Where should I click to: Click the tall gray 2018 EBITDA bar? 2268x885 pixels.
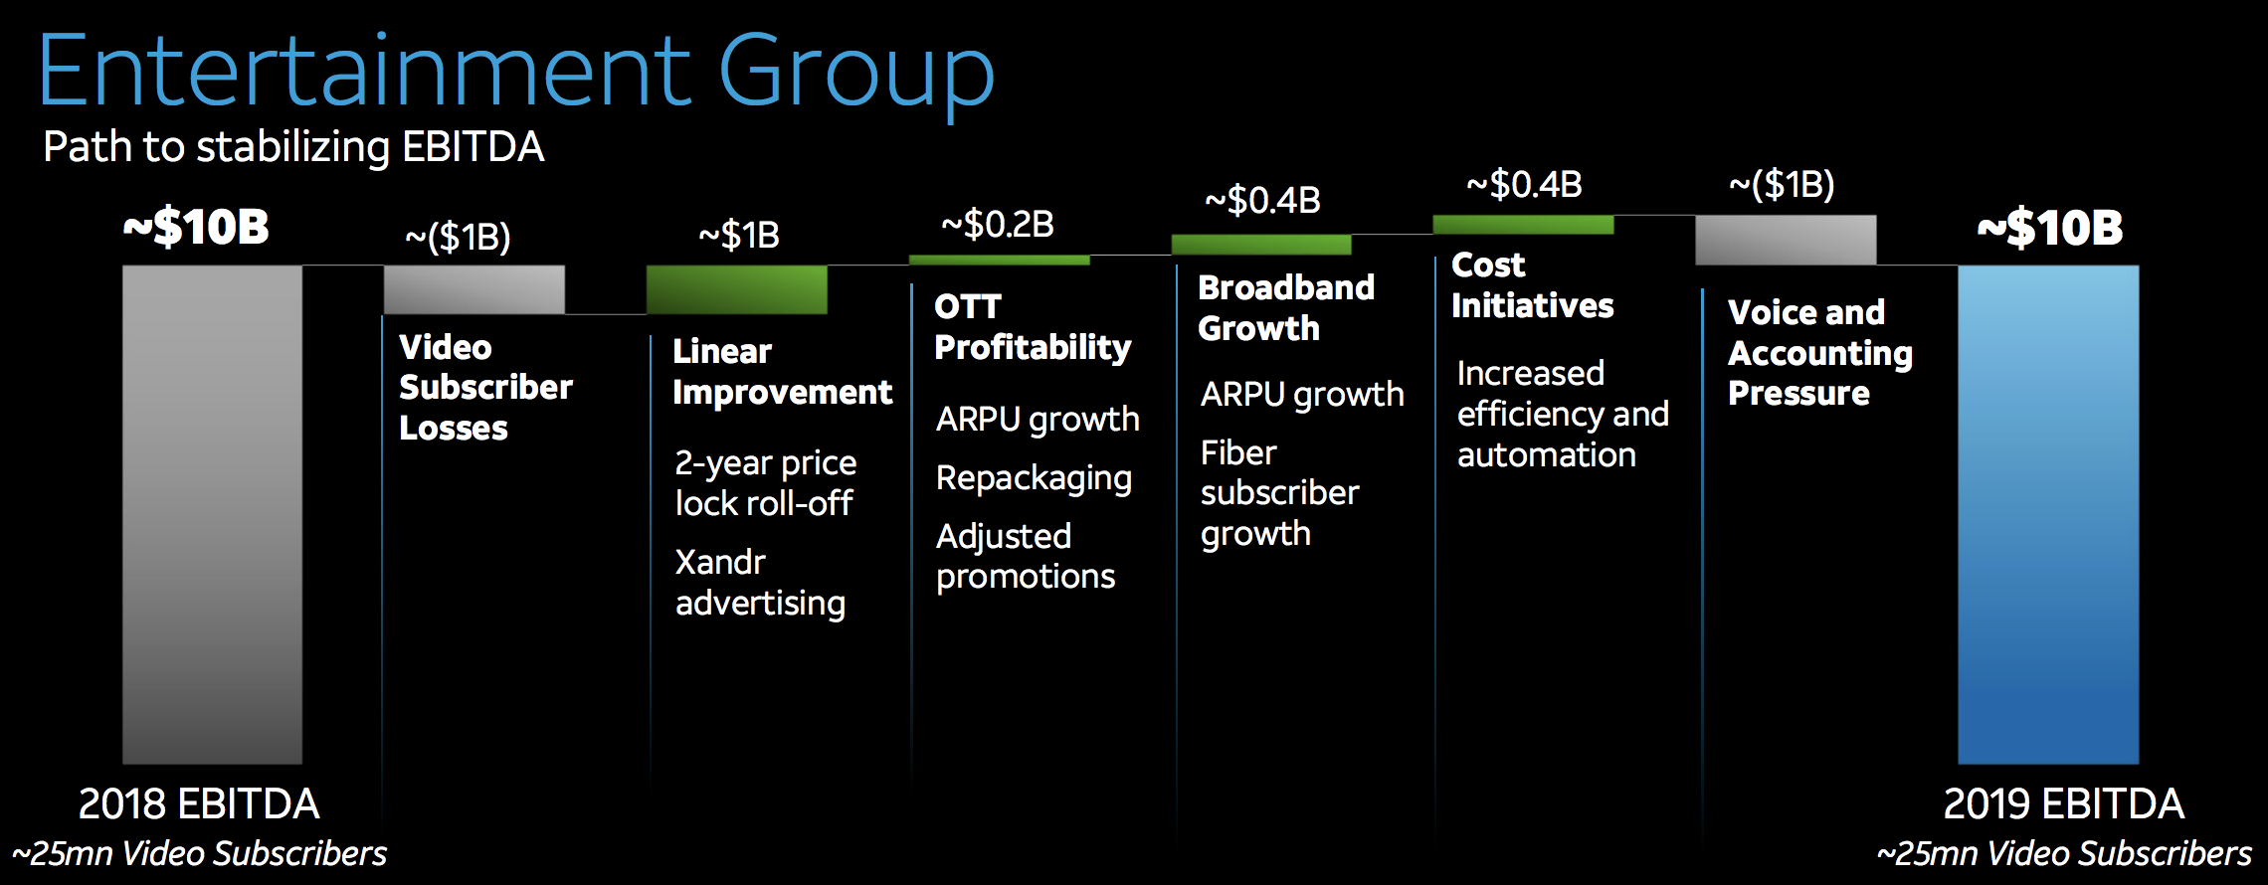(212, 514)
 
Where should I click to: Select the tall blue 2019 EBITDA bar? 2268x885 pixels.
(2048, 514)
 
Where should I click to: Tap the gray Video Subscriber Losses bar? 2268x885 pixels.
(474, 289)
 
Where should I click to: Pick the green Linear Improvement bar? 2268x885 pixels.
(737, 289)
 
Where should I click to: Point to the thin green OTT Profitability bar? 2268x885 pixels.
(1000, 261)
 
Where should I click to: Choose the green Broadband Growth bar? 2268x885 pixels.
(1261, 245)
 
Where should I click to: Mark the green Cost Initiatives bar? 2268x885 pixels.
(1524, 225)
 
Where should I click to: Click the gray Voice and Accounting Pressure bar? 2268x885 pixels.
(1787, 240)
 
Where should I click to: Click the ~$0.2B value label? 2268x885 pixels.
(998, 225)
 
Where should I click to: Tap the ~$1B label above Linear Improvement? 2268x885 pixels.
(739, 236)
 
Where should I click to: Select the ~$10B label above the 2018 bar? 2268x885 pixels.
(196, 227)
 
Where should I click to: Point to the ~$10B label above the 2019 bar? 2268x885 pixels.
(2050, 228)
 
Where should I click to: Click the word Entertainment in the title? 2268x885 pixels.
(365, 71)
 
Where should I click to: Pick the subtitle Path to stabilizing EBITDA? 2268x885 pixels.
(293, 147)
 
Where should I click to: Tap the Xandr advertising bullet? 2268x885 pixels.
(761, 583)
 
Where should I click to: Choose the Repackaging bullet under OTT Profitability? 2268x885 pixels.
(1035, 478)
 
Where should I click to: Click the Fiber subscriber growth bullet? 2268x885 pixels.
(1280, 493)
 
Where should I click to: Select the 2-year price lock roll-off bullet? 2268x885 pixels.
(766, 483)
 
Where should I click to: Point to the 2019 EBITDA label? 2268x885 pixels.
(2064, 803)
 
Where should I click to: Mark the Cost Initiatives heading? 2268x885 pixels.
(1533, 285)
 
